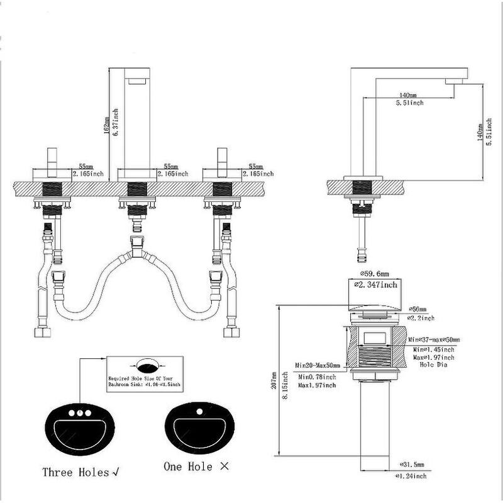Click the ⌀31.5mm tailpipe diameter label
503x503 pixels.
coord(412,465)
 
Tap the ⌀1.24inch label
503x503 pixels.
coord(411,476)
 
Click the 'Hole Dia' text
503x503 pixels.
coord(433,364)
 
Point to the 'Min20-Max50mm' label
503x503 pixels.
coord(318,365)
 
